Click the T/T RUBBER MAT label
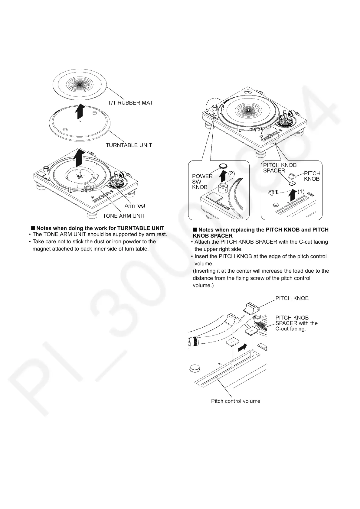point(130,102)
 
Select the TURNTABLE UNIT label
point(129,145)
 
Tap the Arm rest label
point(135,206)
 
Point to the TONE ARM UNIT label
point(124,216)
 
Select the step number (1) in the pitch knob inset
point(301,191)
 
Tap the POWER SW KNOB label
point(202,181)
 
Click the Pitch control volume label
point(235,401)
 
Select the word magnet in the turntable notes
point(42,249)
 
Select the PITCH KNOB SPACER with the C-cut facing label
point(296,323)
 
